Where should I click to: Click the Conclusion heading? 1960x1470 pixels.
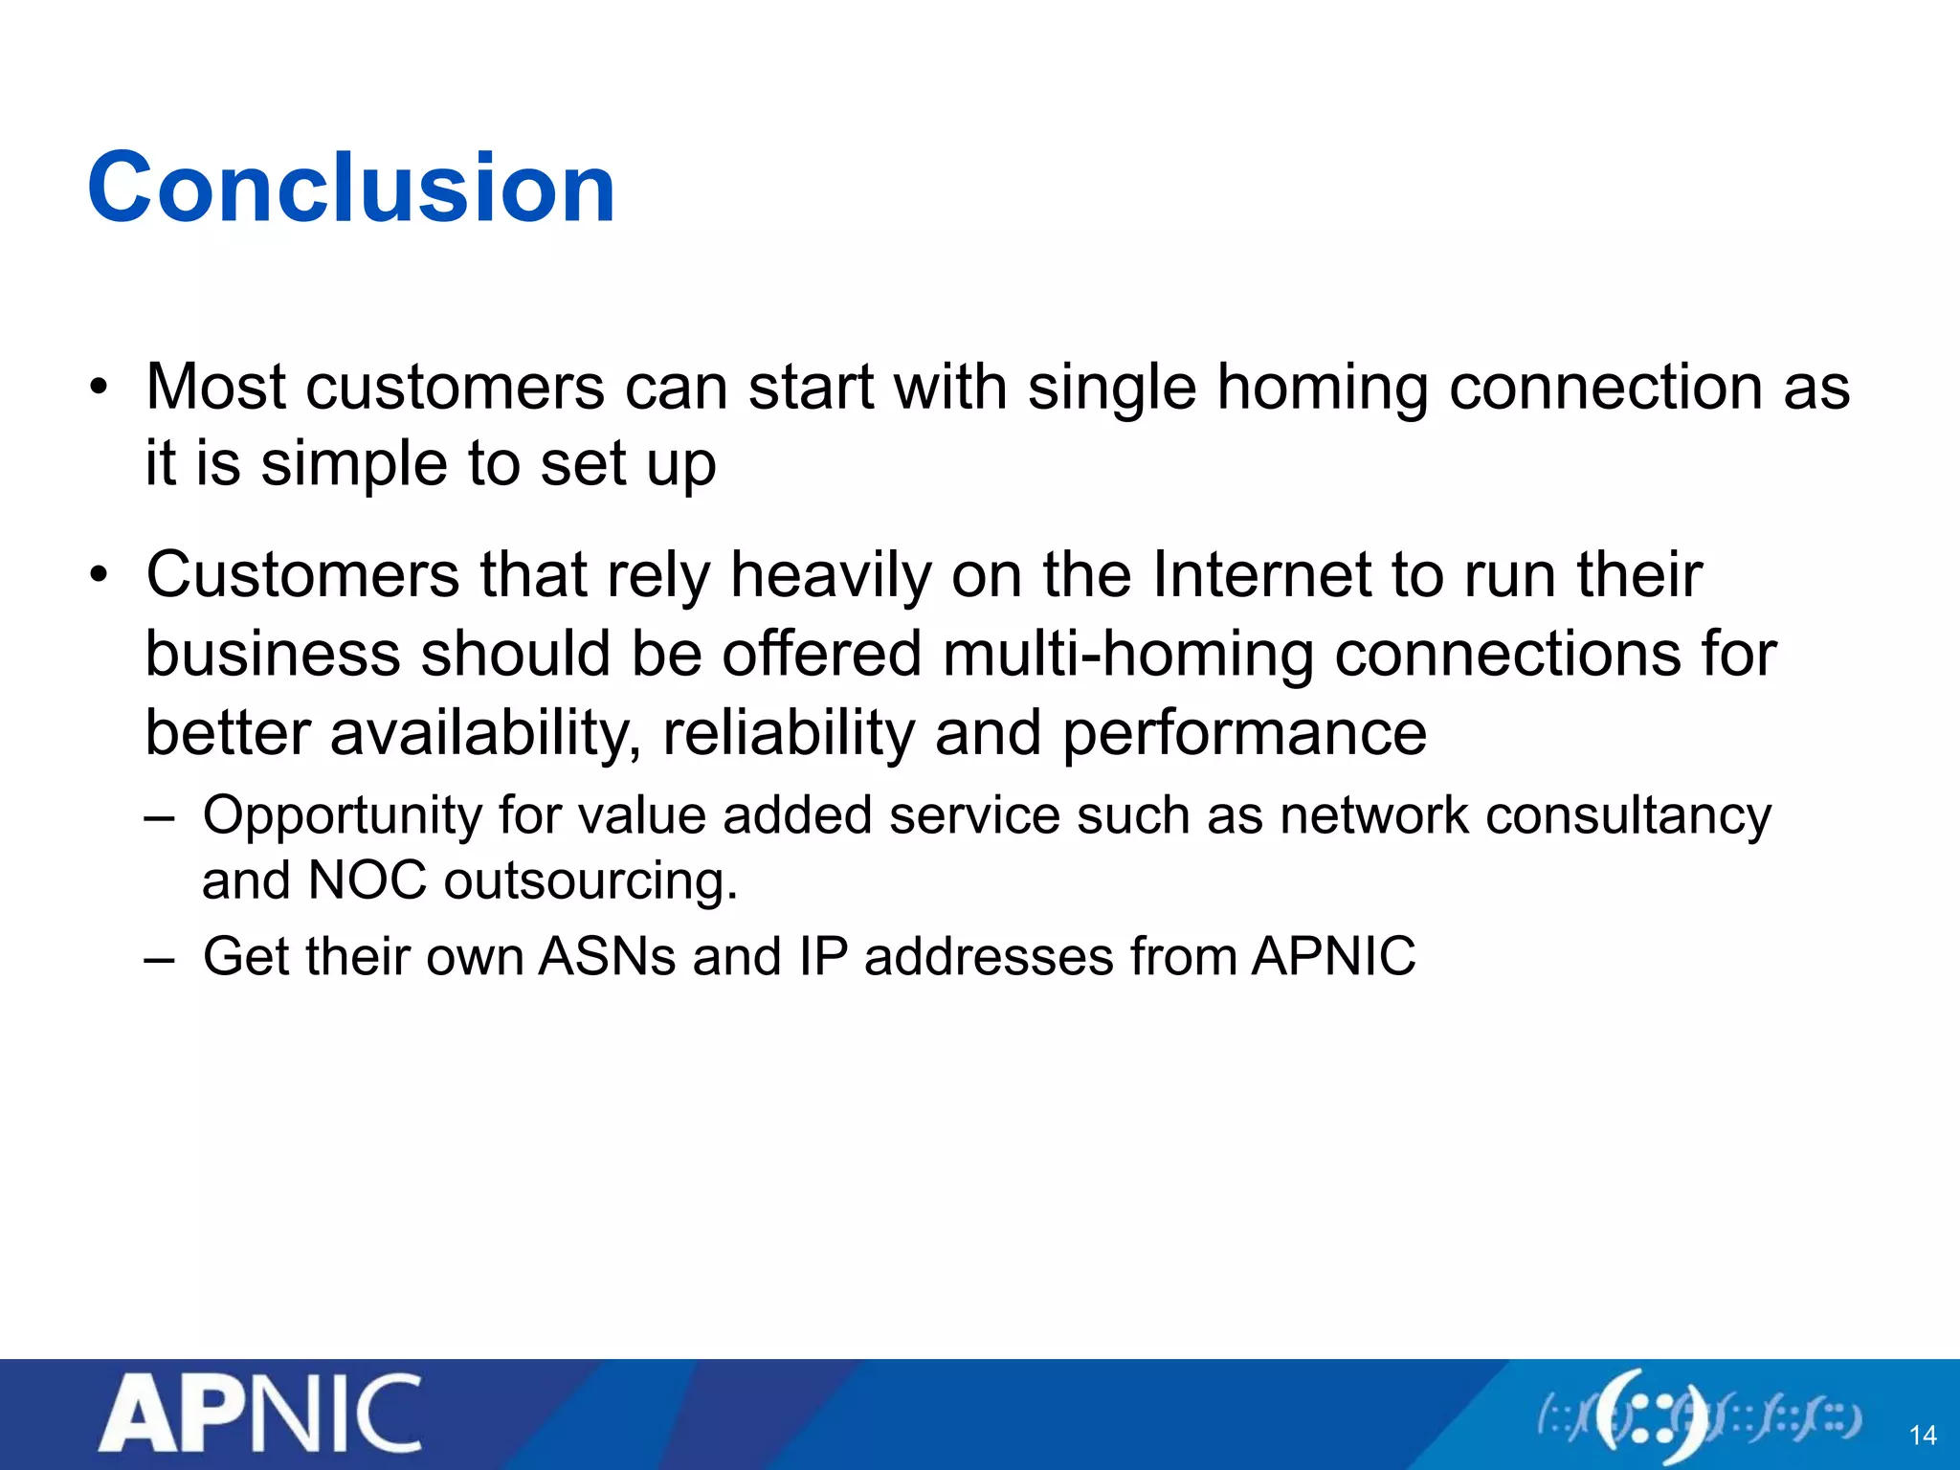[351, 189]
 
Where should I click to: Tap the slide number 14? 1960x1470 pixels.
[1922, 1436]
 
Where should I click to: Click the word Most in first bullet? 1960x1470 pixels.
[215, 388]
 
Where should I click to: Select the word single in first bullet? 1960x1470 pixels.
[1111, 388]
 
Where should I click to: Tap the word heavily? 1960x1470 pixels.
[830, 577]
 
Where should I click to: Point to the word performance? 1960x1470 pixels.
[1244, 734]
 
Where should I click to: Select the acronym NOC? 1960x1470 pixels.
[367, 880]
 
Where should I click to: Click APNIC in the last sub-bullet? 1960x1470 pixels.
[1333, 956]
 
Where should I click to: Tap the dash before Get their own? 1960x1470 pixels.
[160, 958]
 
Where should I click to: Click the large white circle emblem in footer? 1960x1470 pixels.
[1653, 1417]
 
